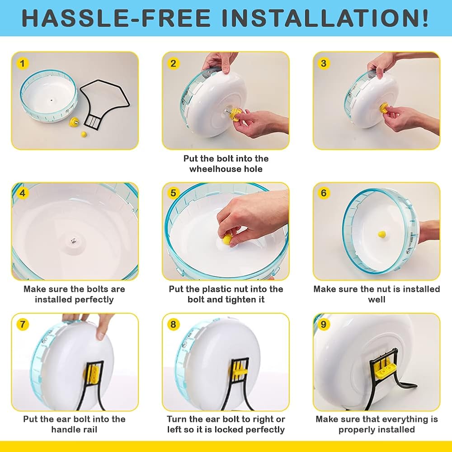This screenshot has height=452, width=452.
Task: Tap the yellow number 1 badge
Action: point(23,63)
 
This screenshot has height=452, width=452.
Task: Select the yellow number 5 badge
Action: point(173,193)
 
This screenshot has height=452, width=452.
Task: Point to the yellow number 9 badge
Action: point(324,324)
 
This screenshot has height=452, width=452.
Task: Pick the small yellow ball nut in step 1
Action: point(84,134)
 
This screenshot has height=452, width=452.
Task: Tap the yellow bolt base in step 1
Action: point(74,121)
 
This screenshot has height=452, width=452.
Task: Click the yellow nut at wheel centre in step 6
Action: point(382,234)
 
